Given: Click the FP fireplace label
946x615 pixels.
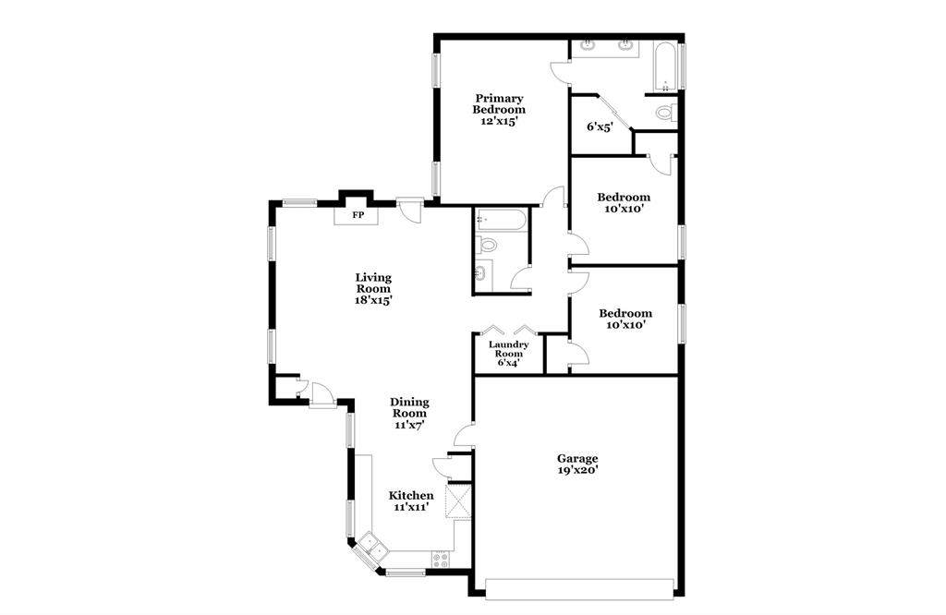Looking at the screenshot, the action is coord(358,214).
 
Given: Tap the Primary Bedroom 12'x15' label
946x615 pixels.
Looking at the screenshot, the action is coord(499,109).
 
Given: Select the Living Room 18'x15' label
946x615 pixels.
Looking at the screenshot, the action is coord(373,288).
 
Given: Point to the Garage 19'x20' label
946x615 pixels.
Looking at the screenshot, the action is coord(577,464).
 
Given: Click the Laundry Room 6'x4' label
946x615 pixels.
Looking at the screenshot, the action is coord(509,354).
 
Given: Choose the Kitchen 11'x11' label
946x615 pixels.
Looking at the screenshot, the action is coord(411,501).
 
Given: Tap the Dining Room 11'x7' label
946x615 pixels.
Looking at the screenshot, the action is coord(409,413).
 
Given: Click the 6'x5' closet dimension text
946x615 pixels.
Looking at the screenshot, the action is coord(600,127).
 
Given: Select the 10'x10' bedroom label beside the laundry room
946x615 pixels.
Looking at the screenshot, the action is coord(625,319).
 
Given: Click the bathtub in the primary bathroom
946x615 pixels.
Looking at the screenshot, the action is coord(665,66).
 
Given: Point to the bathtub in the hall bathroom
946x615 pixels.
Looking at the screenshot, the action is coord(501,220).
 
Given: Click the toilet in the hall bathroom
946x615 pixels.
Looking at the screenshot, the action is coord(486,245).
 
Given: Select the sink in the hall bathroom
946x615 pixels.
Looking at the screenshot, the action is coord(482,273).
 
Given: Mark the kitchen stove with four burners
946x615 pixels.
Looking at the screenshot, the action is coord(441,561).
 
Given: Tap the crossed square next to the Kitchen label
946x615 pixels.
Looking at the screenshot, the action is coord(457,500).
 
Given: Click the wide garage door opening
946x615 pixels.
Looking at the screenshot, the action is coord(579,590).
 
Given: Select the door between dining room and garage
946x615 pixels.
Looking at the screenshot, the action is coord(465,435).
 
